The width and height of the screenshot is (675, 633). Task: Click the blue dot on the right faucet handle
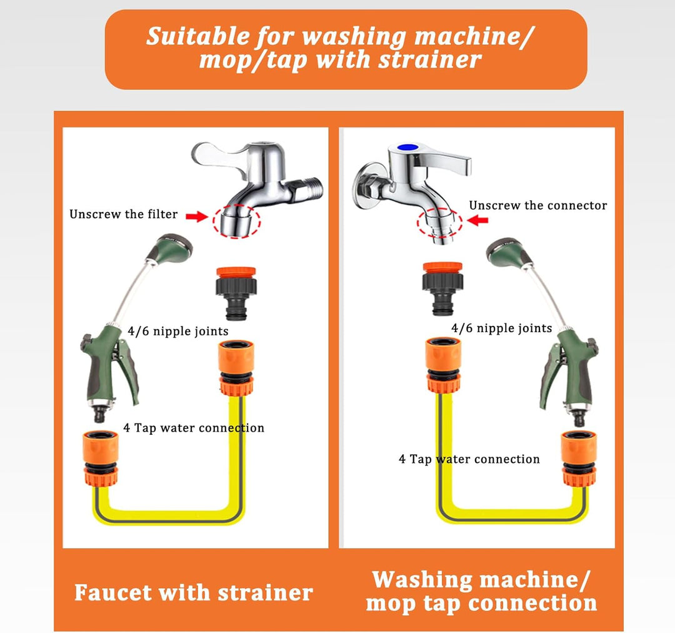point(407,147)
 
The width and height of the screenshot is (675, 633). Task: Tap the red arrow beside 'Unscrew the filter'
point(197,216)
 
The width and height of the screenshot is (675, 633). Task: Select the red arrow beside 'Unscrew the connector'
point(477,220)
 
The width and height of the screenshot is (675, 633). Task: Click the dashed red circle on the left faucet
point(236,221)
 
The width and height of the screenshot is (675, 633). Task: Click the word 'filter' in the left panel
point(162,214)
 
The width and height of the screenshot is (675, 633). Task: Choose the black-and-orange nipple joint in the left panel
point(236,293)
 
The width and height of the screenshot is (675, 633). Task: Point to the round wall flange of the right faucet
point(362,186)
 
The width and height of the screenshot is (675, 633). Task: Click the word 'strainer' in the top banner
point(429,59)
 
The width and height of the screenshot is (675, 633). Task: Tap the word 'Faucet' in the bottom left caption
point(113,592)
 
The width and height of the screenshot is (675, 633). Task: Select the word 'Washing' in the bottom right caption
point(422,580)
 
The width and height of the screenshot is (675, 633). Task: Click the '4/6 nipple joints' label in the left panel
point(177,332)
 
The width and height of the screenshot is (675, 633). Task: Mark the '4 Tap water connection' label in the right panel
point(469,459)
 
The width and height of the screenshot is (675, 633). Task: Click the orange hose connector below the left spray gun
point(100,458)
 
